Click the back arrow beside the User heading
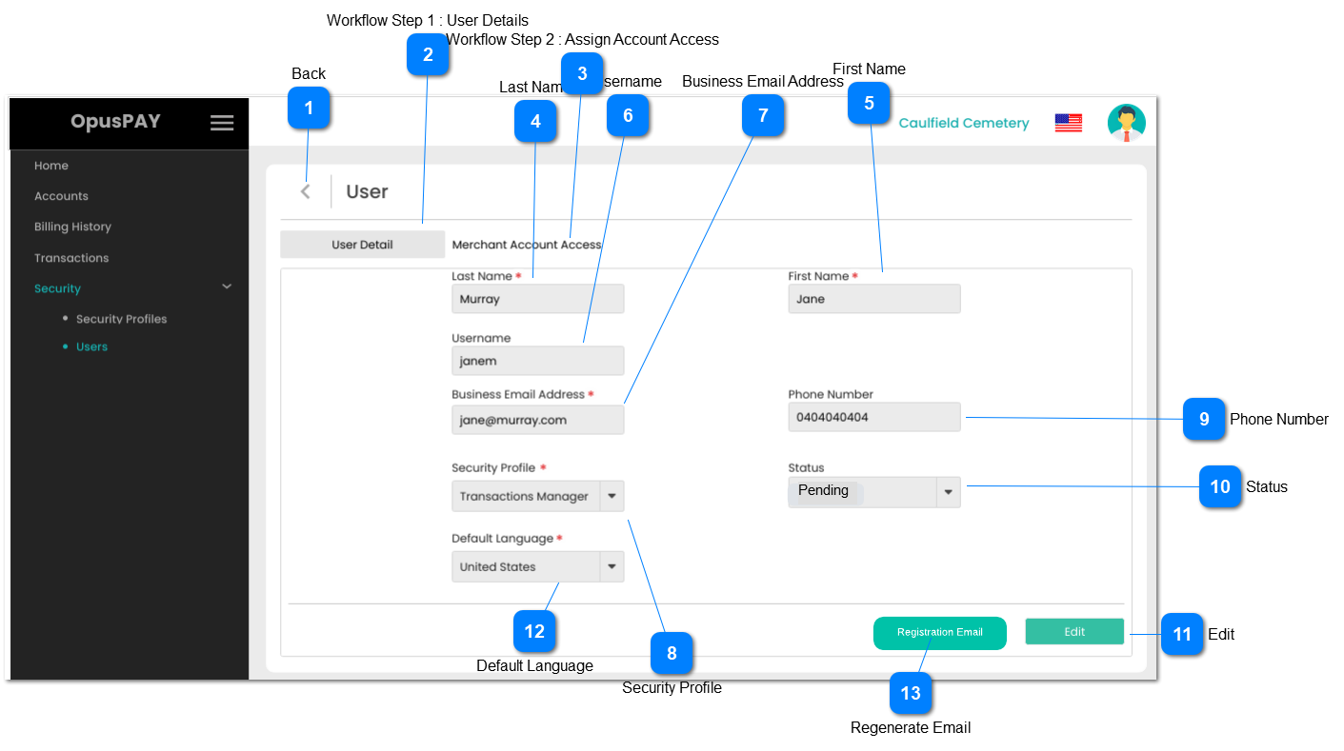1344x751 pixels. [306, 191]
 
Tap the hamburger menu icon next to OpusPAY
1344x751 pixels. [222, 123]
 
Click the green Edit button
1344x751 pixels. [1074, 632]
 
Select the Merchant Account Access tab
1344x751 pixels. [526, 245]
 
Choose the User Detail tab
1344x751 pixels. [362, 245]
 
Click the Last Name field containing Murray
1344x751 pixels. [537, 299]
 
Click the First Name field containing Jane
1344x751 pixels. [873, 299]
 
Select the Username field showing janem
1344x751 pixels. [537, 361]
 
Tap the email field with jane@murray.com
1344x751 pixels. [537, 420]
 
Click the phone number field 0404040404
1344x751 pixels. [873, 417]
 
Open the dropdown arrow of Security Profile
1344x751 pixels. [612, 496]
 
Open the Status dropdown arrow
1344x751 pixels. [948, 492]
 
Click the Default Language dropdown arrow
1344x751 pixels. [612, 566]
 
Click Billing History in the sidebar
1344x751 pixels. [72, 227]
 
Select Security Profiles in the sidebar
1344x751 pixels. [121, 319]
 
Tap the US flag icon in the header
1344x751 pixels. [1068, 123]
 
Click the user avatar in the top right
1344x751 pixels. [1126, 123]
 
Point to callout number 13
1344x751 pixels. [911, 693]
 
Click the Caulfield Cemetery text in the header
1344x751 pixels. [963, 123]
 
